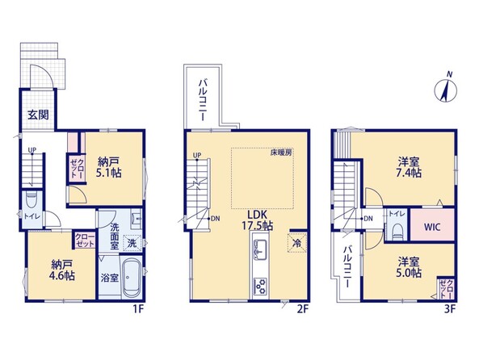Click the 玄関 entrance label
tap(38, 115)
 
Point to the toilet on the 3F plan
tap(397, 232)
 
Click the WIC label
tap(432, 227)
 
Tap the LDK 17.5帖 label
tap(257, 220)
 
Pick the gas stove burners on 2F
tap(260, 287)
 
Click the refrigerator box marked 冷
tap(296, 243)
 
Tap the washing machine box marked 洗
tap(132, 243)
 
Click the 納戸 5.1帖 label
tap(109, 167)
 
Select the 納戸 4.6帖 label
tap(62, 270)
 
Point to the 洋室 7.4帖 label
tap(409, 167)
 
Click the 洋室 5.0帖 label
tap(409, 267)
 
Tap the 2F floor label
tap(303, 309)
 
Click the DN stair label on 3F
tap(368, 219)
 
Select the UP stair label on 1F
tap(32, 149)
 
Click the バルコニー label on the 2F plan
tap(202, 100)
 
